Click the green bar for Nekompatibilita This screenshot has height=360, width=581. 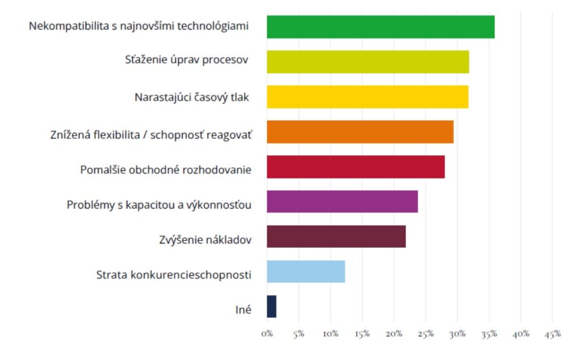point(380,27)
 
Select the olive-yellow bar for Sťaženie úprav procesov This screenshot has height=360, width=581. point(368,62)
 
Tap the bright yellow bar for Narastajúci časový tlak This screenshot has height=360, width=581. point(367,96)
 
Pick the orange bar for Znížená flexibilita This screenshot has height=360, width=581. point(360,132)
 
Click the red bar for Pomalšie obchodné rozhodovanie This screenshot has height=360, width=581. point(355,167)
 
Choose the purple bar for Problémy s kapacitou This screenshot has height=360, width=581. point(342,201)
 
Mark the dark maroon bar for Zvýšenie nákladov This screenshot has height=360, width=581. point(336,236)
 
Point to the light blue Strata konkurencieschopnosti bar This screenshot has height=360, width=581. point(306,272)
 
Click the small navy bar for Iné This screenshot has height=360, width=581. point(271,307)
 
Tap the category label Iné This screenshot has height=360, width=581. point(244,310)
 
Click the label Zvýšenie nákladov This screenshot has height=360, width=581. point(205,240)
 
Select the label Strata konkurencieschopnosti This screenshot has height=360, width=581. point(174,275)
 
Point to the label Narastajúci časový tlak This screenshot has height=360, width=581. point(192,97)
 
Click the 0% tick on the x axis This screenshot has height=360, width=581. point(267,334)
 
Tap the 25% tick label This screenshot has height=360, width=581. point(426,334)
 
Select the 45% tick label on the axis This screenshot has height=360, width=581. point(552,334)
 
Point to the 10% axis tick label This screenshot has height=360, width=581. point(330,334)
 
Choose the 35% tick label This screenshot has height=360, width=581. point(489,334)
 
